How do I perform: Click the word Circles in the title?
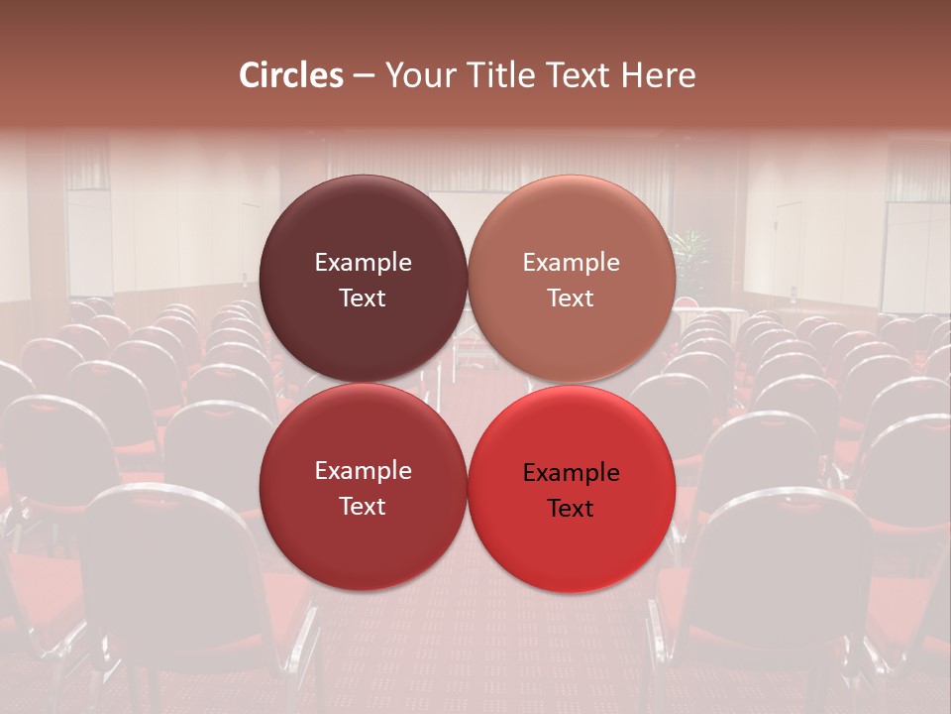(290, 75)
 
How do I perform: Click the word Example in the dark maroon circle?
(363, 263)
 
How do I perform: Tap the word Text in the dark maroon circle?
(363, 297)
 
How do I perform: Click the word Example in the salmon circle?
(572, 263)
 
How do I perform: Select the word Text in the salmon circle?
(572, 297)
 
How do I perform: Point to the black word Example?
(572, 473)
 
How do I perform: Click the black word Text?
(572, 508)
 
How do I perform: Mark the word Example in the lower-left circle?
(363, 471)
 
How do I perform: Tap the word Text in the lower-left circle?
(363, 506)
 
